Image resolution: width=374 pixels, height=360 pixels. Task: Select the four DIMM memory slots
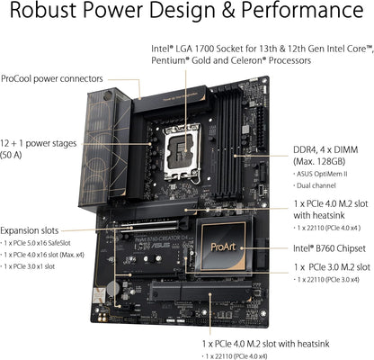241,135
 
